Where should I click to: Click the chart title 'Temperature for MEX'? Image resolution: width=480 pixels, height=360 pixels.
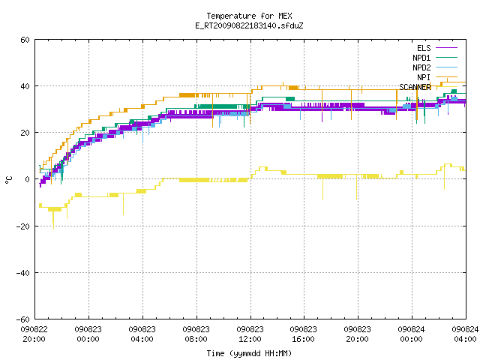pos(249,16)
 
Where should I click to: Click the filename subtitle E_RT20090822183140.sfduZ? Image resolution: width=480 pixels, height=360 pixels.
pos(249,25)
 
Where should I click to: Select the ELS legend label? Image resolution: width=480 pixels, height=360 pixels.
pos(424,48)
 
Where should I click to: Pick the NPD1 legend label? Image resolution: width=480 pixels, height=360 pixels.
pos(421,58)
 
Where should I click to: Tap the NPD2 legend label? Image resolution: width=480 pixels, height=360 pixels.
pos(421,67)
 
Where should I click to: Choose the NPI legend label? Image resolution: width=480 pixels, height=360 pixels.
pos(424,77)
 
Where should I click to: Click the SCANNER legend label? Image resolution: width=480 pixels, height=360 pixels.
pos(415,87)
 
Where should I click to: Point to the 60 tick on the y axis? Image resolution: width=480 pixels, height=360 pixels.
pos(25,40)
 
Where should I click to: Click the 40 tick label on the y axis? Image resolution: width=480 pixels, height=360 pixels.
pos(25,86)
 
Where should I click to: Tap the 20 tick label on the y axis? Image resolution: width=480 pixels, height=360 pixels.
pos(25,133)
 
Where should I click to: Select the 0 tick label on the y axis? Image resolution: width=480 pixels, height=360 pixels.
pos(28,179)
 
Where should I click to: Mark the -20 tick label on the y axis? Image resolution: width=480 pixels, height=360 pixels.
pos(23,226)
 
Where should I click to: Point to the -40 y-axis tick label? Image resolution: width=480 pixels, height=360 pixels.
pos(23,273)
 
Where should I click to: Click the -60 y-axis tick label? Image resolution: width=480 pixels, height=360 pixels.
pos(23,319)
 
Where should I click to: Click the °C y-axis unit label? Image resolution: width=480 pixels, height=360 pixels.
pos(9,180)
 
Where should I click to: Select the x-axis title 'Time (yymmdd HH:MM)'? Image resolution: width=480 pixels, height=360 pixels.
pos(249,353)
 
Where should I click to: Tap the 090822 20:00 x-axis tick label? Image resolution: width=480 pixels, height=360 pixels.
pos(34,334)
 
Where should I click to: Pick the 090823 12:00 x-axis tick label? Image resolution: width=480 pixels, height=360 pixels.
pos(250,334)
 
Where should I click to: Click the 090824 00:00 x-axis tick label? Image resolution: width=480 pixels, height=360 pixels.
pos(412,334)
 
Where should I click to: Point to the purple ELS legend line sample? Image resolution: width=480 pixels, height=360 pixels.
pos(447,48)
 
